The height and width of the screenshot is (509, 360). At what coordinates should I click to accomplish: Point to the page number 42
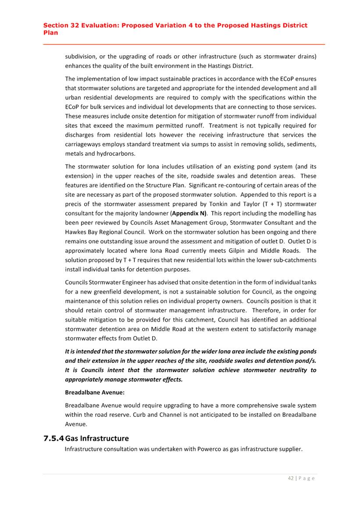[x=291, y=478]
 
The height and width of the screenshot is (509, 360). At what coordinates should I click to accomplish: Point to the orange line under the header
[x=184, y=44]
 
